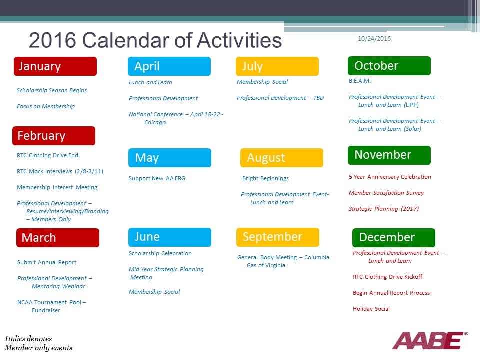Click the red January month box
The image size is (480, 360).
(55, 66)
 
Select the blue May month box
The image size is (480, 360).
(170, 158)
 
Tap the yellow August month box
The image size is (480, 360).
(282, 158)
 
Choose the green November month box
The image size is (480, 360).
(389, 155)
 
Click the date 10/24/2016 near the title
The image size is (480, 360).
(374, 39)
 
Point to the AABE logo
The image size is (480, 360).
(430, 340)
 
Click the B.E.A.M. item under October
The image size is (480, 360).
(360, 81)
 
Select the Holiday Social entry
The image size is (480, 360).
(371, 309)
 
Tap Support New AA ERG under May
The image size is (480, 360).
(157, 178)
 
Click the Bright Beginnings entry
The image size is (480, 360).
(265, 178)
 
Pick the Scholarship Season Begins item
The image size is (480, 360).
(52, 90)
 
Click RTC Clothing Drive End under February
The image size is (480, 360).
(48, 155)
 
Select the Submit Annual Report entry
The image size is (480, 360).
(47, 262)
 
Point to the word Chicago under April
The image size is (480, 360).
(155, 122)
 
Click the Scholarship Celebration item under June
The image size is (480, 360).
(160, 253)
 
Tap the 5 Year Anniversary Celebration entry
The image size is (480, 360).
(390, 177)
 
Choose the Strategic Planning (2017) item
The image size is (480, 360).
(384, 209)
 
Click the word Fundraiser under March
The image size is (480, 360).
(46, 310)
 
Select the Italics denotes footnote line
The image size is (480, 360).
(28, 339)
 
